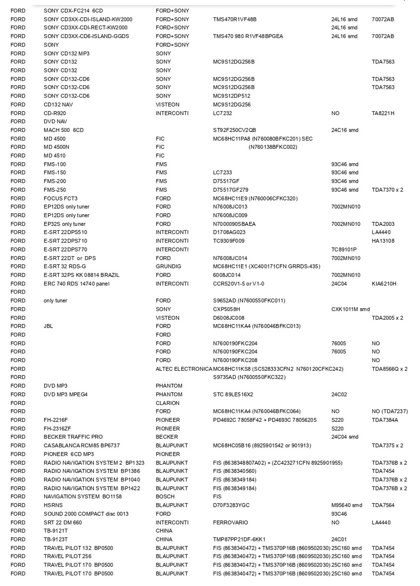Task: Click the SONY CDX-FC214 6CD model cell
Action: pyautogui.click(x=73, y=11)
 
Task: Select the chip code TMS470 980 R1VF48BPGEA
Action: pyautogui.click(x=248, y=36)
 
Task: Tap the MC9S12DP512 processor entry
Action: pyautogui.click(x=231, y=96)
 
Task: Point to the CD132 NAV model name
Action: pyautogui.click(x=58, y=105)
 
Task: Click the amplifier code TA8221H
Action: pyautogui.click(x=383, y=113)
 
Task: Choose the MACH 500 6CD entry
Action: pyautogui.click(x=64, y=130)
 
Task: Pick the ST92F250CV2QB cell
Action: pyautogui.click(x=234, y=130)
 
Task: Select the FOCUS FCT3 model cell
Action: pyautogui.click(x=60, y=198)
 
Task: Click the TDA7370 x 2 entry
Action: pyautogui.click(x=387, y=190)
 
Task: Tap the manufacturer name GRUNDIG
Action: pyautogui.click(x=168, y=267)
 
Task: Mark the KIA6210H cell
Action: pyautogui.click(x=384, y=284)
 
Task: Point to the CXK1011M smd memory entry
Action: pyautogui.click(x=350, y=309)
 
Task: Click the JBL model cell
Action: pyautogui.click(x=48, y=326)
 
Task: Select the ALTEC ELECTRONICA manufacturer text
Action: pyautogui.click(x=184, y=369)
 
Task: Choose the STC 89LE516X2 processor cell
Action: pyautogui.click(x=233, y=394)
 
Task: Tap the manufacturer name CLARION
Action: pyautogui.click(x=167, y=403)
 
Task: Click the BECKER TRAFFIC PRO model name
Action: pyautogui.click(x=73, y=437)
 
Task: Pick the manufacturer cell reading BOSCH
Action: pyautogui.click(x=165, y=497)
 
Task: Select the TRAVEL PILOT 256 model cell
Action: pyautogui.click(x=67, y=557)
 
